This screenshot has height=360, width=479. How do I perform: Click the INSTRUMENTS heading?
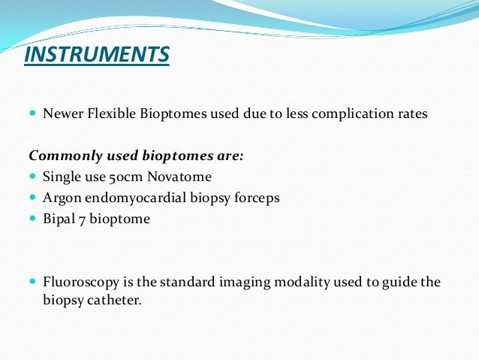click(97, 56)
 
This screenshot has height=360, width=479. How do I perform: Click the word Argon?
click(60, 198)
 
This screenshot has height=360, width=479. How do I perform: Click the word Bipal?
click(59, 219)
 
